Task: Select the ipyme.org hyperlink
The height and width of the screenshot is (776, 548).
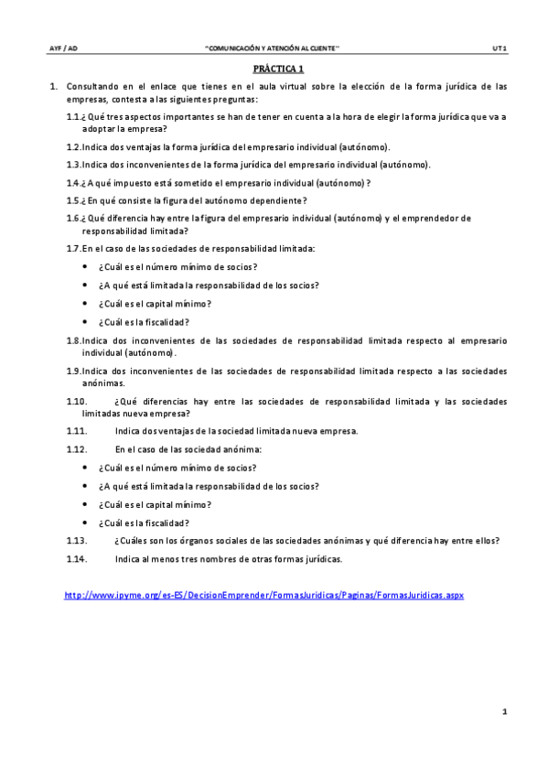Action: tap(263, 595)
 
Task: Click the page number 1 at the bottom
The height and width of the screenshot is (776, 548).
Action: tap(504, 711)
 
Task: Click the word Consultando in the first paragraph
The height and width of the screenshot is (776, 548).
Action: tap(92, 87)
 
